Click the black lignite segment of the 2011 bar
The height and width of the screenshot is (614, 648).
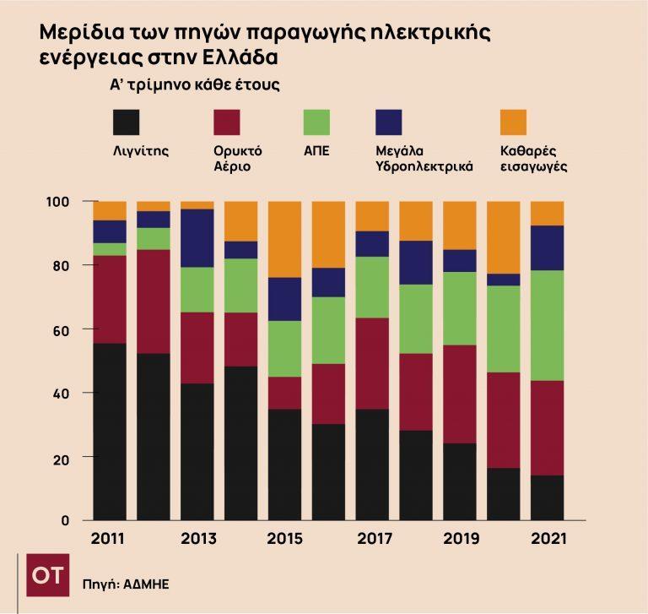pos(110,431)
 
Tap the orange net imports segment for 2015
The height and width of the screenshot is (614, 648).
pos(283,239)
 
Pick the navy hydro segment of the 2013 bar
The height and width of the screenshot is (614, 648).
pos(197,238)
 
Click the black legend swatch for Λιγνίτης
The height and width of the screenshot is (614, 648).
pos(127,122)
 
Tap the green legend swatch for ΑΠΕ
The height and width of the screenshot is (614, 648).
pos(316,122)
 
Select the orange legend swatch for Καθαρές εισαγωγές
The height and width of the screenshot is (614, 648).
pos(513,122)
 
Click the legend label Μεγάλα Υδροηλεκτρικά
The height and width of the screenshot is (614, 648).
pos(424,159)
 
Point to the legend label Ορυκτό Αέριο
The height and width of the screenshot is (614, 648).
pos(238,159)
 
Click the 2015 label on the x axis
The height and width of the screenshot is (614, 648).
pos(283,539)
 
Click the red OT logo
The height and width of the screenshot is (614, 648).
pos(47,575)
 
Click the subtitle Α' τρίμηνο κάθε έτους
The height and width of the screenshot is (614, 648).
pos(195,85)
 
